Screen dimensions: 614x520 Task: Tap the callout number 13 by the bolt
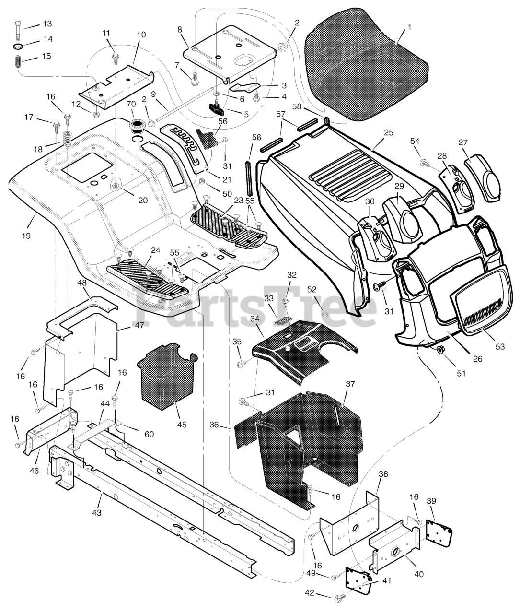(47, 24)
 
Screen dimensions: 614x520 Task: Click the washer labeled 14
(18, 47)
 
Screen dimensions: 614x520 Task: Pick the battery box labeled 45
(165, 377)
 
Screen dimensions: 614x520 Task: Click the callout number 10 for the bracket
(141, 35)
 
